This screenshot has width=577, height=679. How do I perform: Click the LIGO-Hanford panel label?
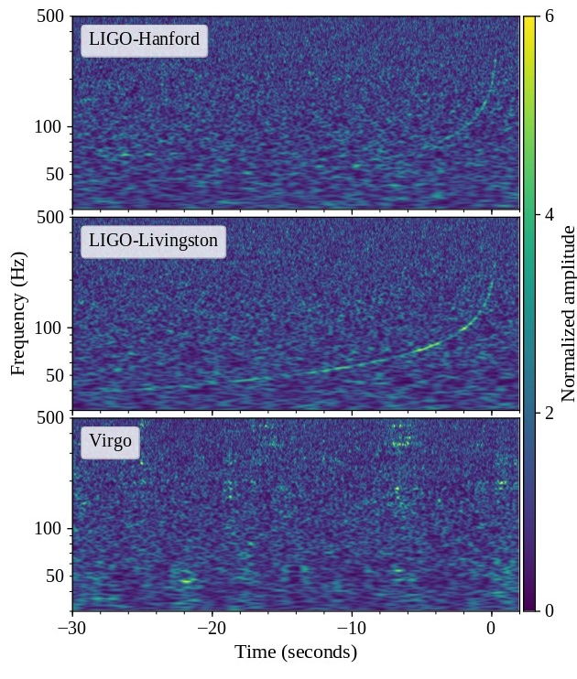(x=144, y=40)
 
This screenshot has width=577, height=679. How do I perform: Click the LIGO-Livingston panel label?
(x=153, y=242)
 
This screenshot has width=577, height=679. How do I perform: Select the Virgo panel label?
(x=110, y=444)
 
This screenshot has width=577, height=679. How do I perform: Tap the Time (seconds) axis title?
(x=295, y=652)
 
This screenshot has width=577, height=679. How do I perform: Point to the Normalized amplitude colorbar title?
(x=568, y=314)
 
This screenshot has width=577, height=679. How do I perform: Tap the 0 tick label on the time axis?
(x=492, y=629)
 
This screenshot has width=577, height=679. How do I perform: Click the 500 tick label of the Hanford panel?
(x=48, y=16)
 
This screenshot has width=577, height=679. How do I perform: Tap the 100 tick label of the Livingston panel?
(x=48, y=328)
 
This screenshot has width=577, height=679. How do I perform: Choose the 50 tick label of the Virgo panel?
(x=52, y=576)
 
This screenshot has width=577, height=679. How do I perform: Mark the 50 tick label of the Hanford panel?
(x=52, y=174)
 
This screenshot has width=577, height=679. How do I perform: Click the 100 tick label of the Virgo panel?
(x=48, y=528)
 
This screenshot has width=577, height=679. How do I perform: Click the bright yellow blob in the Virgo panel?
(x=187, y=580)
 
